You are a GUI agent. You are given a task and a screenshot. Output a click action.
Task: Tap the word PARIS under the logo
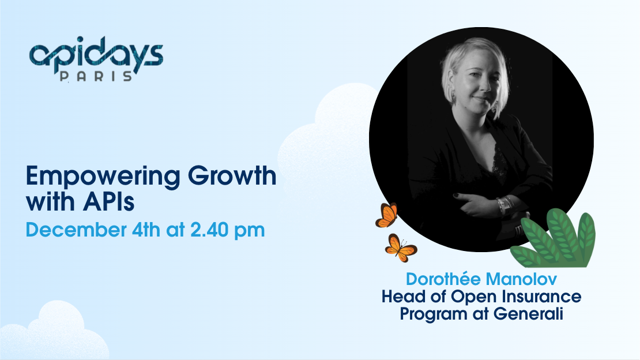(96, 76)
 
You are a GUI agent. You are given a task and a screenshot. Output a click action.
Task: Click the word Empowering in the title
(103, 177)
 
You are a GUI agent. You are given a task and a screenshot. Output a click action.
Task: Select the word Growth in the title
(232, 176)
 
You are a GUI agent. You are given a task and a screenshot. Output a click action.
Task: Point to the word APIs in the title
(108, 201)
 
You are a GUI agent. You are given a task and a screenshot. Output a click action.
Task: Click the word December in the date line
(76, 230)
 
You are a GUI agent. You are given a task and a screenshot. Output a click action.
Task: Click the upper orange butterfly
(386, 215)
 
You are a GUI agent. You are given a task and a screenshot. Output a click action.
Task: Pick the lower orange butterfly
(400, 247)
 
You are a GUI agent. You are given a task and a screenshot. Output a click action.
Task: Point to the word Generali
(528, 314)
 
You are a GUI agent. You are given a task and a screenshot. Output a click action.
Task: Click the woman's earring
(453, 98)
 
